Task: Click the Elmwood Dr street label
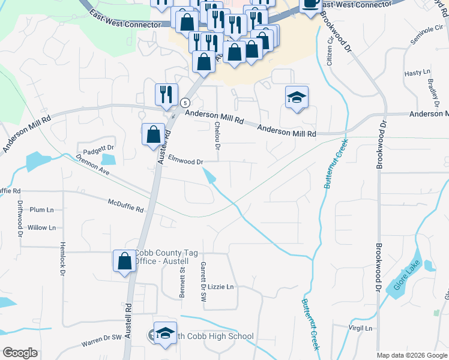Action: pos(186,161)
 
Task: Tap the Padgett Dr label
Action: pos(98,148)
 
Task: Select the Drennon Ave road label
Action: pos(92,166)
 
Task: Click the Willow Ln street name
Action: pos(41,227)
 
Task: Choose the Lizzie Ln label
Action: pos(220,287)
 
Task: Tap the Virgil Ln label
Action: pos(360,328)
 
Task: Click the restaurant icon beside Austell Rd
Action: pos(166,94)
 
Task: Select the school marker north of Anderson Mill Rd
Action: pos(297,97)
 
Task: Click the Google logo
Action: pos(20,353)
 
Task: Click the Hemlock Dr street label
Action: pos(62,259)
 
